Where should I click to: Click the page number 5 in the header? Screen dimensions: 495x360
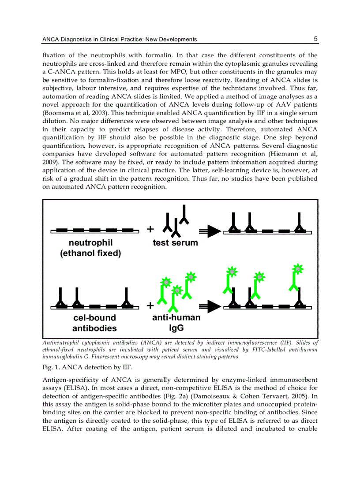coord(315,39)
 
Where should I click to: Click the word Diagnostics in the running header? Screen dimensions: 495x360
coord(76,40)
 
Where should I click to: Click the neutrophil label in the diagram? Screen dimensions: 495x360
coord(90,243)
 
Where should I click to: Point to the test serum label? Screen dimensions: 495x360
coord(175,243)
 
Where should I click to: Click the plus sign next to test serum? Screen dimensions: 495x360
coord(150,229)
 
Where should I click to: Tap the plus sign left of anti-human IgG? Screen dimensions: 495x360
coord(150,305)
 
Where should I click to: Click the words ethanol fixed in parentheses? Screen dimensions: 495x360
coord(90,253)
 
